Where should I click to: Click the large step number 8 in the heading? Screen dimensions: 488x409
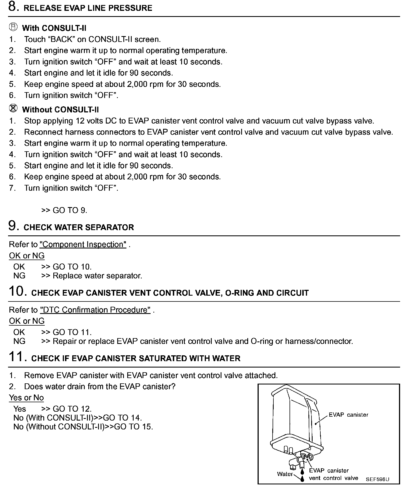(13, 7)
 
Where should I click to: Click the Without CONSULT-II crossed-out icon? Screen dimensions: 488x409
(13, 108)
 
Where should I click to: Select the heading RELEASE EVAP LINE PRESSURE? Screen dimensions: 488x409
(88, 8)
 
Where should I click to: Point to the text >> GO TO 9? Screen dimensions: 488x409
(64, 210)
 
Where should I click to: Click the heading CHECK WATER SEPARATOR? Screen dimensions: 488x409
(79, 228)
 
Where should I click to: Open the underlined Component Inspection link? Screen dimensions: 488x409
(83, 245)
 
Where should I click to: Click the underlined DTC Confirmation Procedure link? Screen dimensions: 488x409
(95, 310)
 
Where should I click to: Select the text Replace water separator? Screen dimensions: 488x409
(97, 276)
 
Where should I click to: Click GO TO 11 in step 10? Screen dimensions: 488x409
(72, 332)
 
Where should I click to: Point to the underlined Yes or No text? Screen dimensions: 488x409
(26, 398)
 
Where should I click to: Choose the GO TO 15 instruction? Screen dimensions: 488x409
(133, 427)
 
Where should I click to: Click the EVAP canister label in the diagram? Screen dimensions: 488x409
(348, 415)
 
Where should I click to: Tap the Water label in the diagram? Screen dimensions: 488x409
(285, 474)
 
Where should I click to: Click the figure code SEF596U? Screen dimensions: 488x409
(377, 479)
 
